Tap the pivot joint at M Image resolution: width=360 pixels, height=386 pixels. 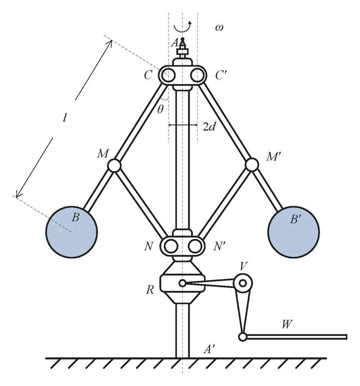[114, 164]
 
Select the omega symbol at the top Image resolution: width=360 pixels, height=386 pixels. [219, 26]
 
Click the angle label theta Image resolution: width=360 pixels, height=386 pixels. [160, 109]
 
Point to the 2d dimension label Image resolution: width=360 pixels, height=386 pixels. [209, 127]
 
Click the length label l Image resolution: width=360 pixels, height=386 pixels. [65, 117]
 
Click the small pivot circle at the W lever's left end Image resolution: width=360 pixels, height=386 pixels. [242, 337]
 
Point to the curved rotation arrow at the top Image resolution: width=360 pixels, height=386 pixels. [183, 27]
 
